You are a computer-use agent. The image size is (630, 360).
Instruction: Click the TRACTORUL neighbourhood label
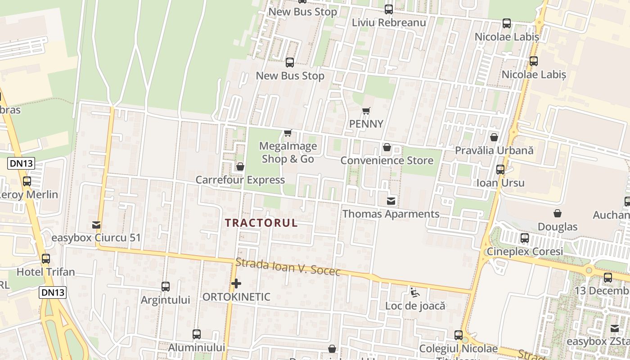tap(261, 223)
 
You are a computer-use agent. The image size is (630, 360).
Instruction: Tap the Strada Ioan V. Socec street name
tap(288, 267)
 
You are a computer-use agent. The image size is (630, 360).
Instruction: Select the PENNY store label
tap(366, 124)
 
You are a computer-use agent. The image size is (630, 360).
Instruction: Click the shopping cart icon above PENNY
tap(366, 111)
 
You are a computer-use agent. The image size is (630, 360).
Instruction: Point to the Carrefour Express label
tap(240, 180)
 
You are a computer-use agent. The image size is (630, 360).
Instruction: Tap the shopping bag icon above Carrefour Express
tap(240, 167)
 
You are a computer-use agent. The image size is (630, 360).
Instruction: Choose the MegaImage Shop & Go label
tap(288, 153)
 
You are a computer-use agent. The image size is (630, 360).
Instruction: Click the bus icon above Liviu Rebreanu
tap(389, 9)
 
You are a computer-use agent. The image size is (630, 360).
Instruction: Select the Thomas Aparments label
tap(391, 214)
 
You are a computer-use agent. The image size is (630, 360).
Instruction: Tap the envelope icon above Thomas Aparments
tap(391, 201)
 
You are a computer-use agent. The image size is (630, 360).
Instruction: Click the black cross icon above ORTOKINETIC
tap(236, 283)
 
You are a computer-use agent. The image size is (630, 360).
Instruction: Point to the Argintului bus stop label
tap(165, 300)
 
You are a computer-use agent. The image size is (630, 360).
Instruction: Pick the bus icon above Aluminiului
tap(197, 334)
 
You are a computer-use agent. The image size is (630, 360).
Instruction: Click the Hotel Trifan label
tap(45, 272)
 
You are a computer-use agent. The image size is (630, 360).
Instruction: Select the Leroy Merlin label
tap(30, 194)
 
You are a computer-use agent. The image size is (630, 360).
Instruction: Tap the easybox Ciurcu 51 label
tap(96, 238)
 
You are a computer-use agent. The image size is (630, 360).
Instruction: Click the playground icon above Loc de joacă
tap(415, 292)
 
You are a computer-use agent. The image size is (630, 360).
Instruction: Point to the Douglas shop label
tap(558, 226)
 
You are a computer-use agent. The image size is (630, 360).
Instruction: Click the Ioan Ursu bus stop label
tap(500, 183)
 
